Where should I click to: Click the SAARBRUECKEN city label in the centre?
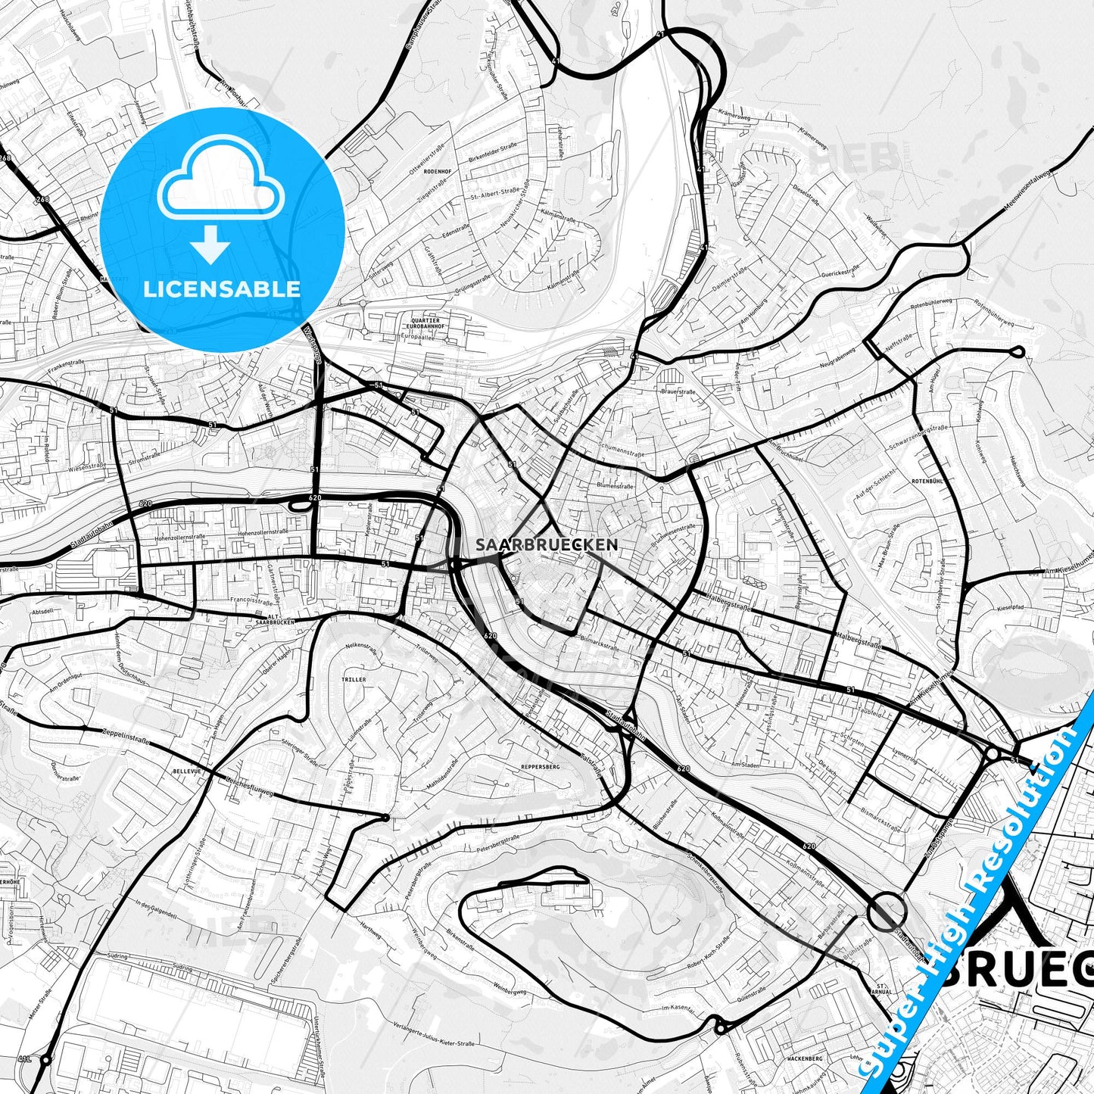[547, 544]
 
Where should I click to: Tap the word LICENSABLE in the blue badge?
[222, 288]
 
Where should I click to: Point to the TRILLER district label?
[354, 680]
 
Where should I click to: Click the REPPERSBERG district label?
[540, 767]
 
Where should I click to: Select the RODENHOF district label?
[438, 171]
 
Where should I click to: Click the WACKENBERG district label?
[804, 1058]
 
